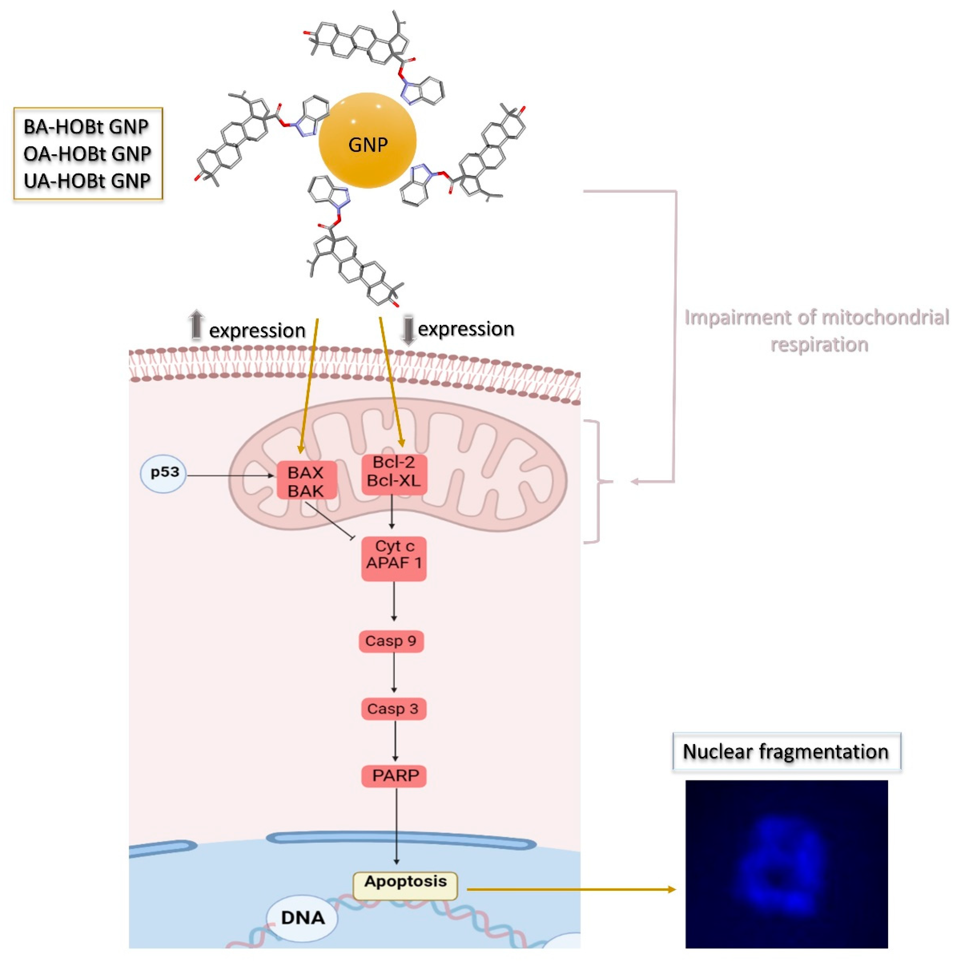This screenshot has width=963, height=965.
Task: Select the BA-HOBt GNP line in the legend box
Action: click(x=86, y=127)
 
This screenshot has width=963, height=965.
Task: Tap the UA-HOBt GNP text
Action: click(x=87, y=180)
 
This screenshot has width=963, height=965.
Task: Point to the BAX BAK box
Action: click(x=306, y=481)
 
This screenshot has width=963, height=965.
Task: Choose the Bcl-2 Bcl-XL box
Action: click(x=394, y=472)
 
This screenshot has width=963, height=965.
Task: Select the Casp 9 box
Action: click(x=391, y=641)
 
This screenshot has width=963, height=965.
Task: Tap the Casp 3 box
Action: click(x=393, y=708)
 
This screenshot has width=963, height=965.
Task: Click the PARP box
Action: click(x=394, y=776)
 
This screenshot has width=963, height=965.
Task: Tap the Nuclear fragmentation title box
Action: click(x=786, y=752)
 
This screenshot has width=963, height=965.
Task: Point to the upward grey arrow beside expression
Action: click(x=196, y=325)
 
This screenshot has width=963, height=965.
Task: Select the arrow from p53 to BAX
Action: click(x=230, y=476)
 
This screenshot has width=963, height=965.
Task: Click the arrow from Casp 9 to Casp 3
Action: click(x=394, y=672)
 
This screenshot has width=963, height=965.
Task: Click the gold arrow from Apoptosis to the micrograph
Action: click(x=569, y=890)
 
